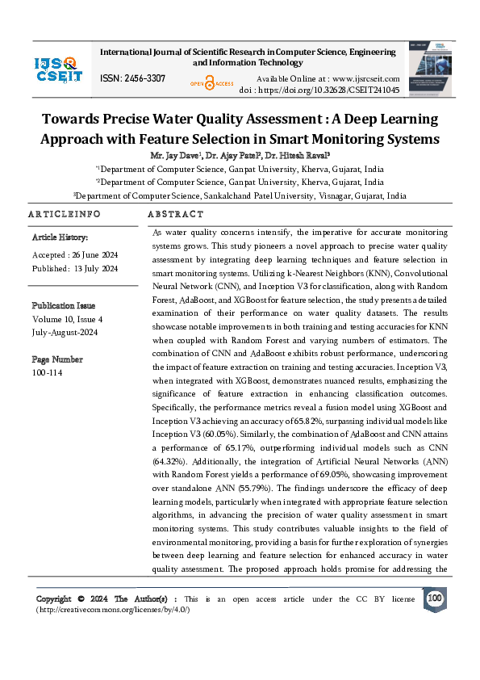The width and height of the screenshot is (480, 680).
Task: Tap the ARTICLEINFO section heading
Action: (x=64, y=214)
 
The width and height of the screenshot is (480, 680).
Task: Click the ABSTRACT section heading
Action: (x=175, y=214)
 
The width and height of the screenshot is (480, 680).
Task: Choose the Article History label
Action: (x=60, y=237)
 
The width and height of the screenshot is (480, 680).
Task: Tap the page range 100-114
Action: (x=48, y=372)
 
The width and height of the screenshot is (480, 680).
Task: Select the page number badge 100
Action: (x=435, y=598)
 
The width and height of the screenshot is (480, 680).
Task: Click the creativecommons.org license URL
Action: (x=113, y=609)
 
